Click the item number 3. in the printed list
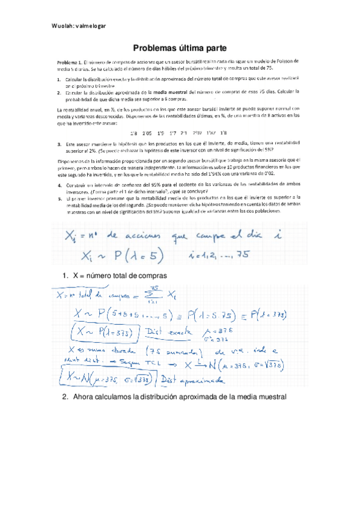59,145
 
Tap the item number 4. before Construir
59,180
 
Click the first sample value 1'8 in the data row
133,133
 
